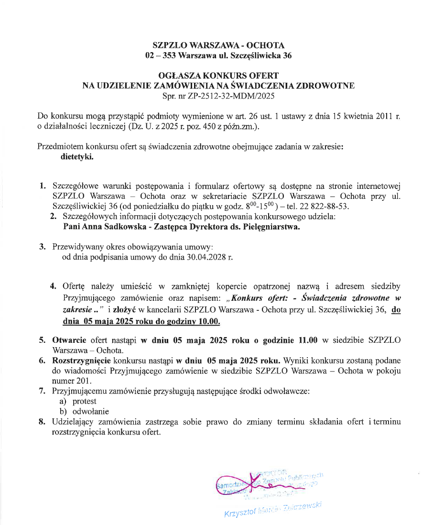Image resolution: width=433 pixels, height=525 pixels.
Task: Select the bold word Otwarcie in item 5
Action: click(69, 341)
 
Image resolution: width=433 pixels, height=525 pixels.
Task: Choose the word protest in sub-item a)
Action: click(85, 401)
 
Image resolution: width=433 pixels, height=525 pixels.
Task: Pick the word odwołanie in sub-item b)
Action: click(91, 411)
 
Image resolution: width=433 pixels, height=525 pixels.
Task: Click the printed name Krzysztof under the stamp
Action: click(239, 514)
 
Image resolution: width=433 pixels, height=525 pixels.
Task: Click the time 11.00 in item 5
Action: click(308, 341)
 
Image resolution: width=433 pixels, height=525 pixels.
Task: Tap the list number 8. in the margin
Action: click(42, 422)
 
